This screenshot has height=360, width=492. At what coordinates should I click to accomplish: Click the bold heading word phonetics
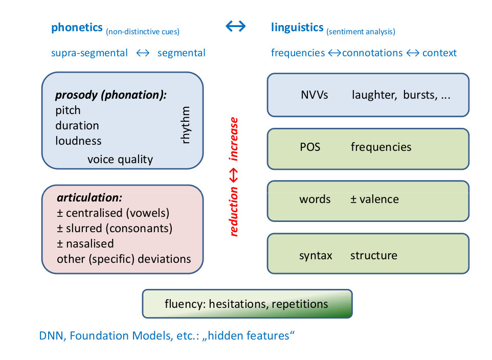pyautogui.click(x=77, y=28)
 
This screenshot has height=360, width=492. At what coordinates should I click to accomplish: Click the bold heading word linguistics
pyautogui.click(x=297, y=28)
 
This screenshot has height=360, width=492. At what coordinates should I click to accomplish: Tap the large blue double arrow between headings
pyautogui.click(x=236, y=27)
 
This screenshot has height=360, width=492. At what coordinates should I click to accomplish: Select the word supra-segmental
pyautogui.click(x=90, y=53)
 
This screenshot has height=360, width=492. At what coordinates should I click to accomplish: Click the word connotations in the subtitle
pyautogui.click(x=372, y=53)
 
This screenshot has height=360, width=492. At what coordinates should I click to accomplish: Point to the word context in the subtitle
pyautogui.click(x=439, y=53)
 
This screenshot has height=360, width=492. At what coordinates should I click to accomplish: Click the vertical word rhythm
pyautogui.click(x=186, y=125)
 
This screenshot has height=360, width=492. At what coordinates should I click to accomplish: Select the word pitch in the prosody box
pyautogui.click(x=68, y=110)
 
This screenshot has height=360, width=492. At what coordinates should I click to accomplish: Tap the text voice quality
pyautogui.click(x=120, y=159)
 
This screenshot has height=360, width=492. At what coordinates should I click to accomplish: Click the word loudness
pyautogui.click(x=78, y=141)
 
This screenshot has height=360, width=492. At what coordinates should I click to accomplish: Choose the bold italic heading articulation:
pyautogui.click(x=90, y=198)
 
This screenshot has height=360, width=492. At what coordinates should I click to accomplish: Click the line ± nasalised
pyautogui.click(x=85, y=243)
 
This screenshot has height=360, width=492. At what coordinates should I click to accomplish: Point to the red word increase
pyautogui.click(x=234, y=139)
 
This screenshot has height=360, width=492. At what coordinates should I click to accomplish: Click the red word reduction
pyautogui.click(x=234, y=211)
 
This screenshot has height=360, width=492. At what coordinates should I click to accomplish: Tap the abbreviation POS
pyautogui.click(x=309, y=147)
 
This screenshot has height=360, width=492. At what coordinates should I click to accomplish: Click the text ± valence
pyautogui.click(x=374, y=199)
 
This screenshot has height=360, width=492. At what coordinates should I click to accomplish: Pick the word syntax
pyautogui.click(x=316, y=255)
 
